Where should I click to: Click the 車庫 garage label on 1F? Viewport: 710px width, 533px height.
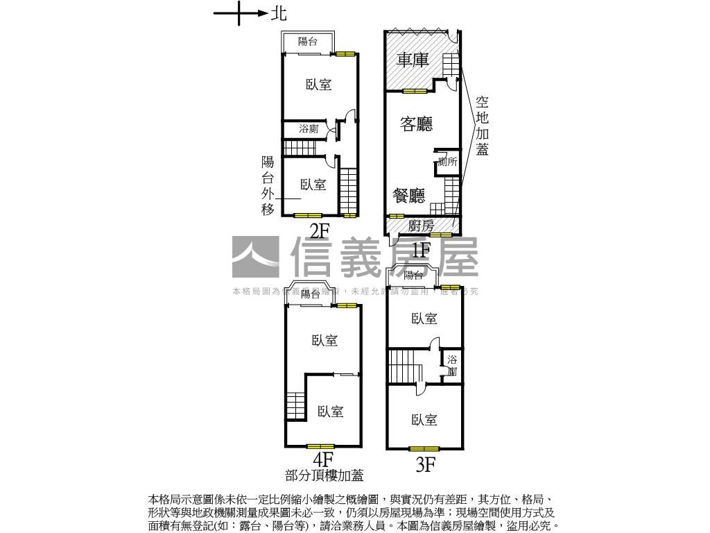(412, 60)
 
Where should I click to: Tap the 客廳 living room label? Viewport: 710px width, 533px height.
(417, 124)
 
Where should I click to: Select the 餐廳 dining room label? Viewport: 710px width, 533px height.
(408, 196)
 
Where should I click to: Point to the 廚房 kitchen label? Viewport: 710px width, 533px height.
(421, 226)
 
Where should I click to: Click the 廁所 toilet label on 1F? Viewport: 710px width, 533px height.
(447, 162)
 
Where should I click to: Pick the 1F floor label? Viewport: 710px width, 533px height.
(422, 248)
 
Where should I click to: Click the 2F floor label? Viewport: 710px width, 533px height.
(320, 231)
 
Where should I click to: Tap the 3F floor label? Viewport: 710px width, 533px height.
(425, 465)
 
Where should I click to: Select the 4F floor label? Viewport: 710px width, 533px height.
(323, 459)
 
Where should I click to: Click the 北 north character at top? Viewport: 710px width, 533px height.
(278, 12)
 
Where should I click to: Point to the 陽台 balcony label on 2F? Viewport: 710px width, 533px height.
(308, 42)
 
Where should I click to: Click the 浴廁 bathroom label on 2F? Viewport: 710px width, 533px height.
(309, 129)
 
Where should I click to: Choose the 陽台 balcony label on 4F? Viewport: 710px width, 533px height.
(311, 294)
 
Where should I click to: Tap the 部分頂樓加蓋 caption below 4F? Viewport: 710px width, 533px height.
(324, 476)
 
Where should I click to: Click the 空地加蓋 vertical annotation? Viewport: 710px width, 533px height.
(483, 125)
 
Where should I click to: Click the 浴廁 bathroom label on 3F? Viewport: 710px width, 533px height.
(452, 365)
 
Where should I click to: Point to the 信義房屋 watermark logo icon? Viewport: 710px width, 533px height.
(255, 258)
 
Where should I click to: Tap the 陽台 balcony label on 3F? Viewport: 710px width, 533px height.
(414, 276)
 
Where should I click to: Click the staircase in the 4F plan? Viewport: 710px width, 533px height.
(296, 405)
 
